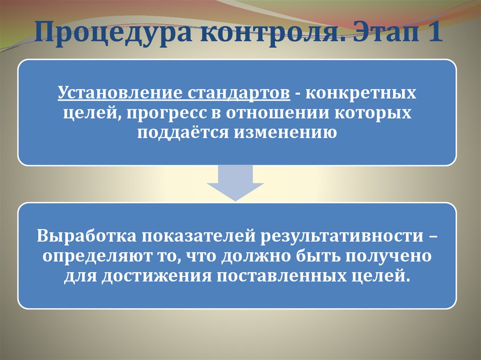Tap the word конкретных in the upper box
tap(361, 92)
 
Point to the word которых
tap(376, 113)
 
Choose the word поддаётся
tap(183, 132)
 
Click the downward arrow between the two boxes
tap(235, 183)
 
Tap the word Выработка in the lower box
tap(87, 236)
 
